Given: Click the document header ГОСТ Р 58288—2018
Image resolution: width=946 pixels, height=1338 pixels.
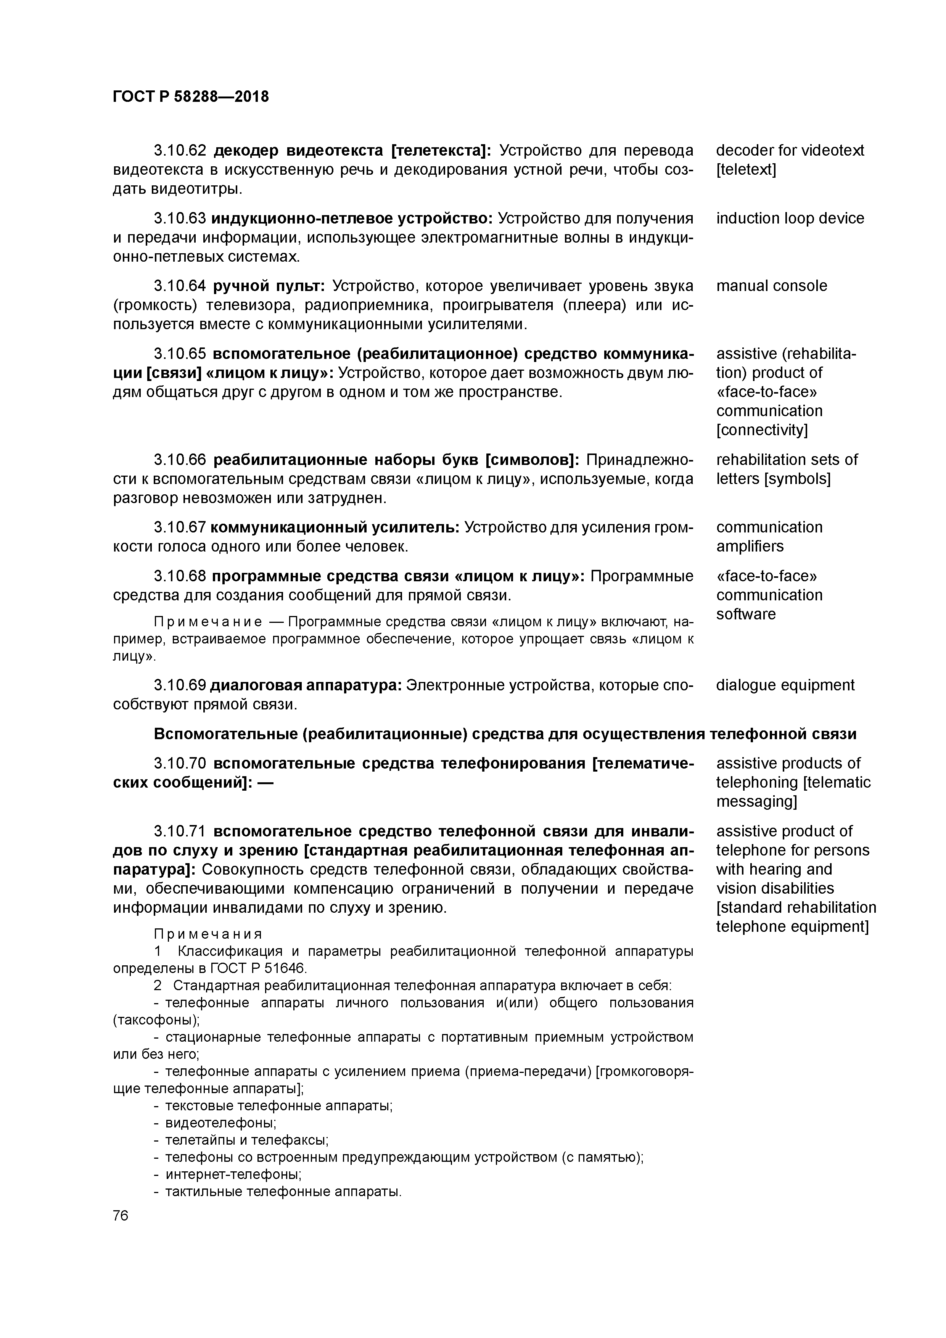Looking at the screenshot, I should [191, 97].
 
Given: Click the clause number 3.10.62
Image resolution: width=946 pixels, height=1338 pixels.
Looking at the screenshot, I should [180, 151].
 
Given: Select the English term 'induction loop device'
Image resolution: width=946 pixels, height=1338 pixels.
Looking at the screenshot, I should [790, 219].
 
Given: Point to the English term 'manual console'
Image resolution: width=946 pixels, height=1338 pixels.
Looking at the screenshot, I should [771, 286].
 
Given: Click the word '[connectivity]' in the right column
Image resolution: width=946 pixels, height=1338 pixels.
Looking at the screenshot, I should [762, 430].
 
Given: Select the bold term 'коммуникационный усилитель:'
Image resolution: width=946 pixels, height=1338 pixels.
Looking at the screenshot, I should [335, 527].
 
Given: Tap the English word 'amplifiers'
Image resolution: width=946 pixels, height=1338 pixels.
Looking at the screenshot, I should [750, 547].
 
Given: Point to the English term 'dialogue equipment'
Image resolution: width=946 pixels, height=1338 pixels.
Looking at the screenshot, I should [785, 685].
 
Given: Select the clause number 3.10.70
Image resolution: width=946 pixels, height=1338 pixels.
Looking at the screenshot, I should [180, 764].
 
